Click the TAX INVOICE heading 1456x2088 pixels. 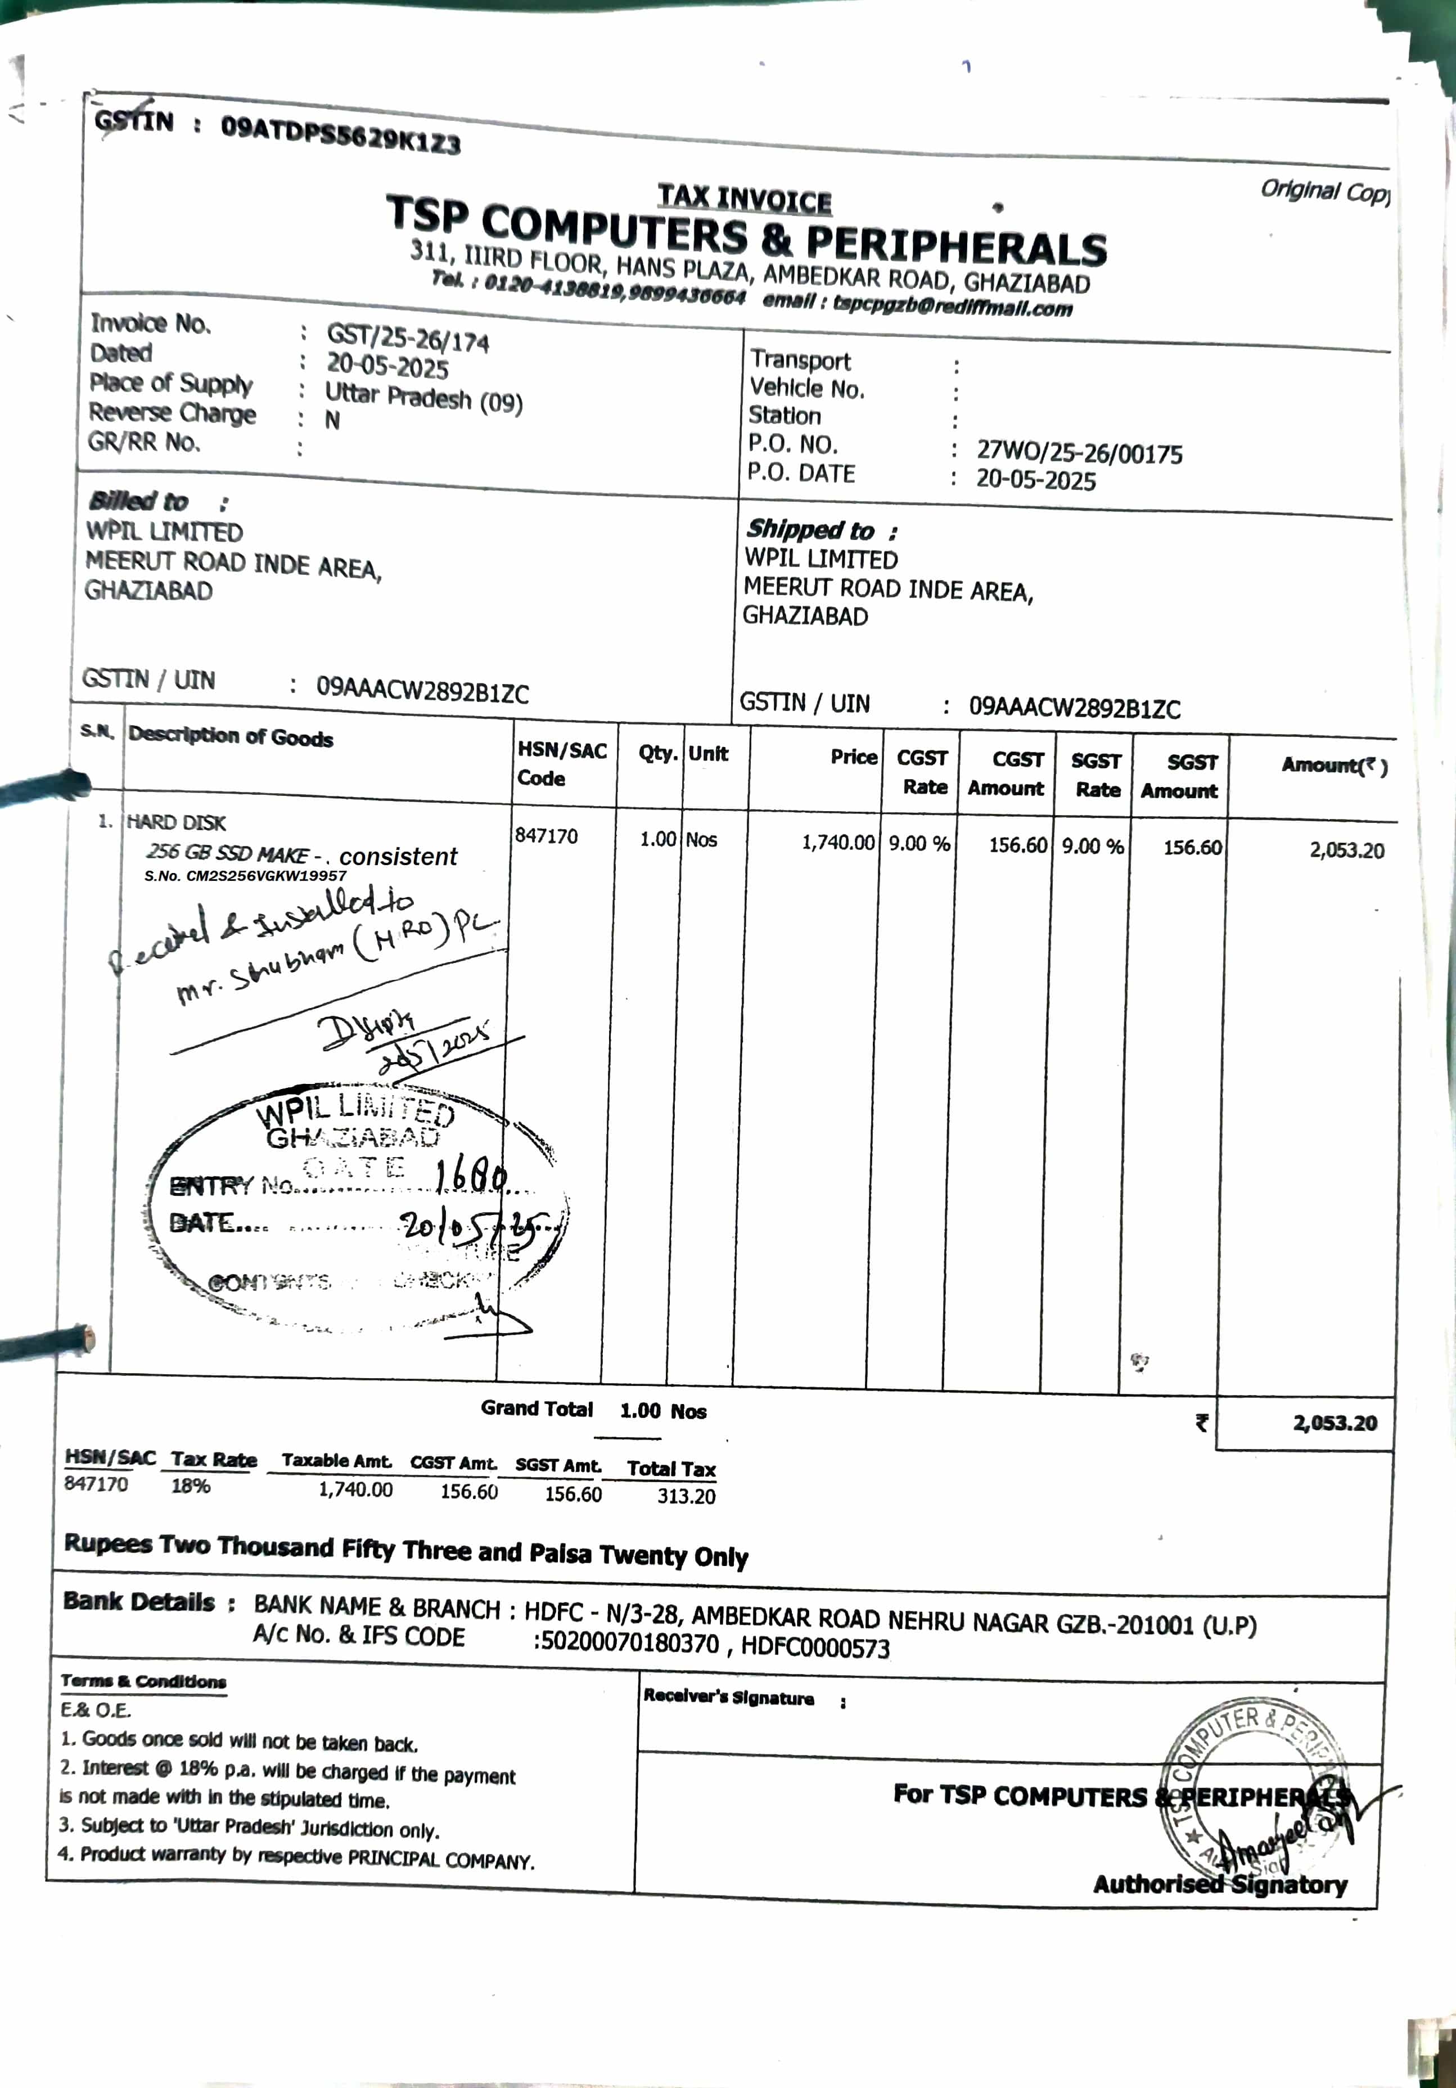click(x=744, y=198)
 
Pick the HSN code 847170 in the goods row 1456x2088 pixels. click(x=546, y=836)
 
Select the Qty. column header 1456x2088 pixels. click(x=657, y=753)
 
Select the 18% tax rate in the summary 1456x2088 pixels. click(x=191, y=1486)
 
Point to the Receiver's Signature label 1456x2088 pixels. click(x=728, y=1697)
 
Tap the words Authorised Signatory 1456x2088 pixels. click(x=1220, y=1884)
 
